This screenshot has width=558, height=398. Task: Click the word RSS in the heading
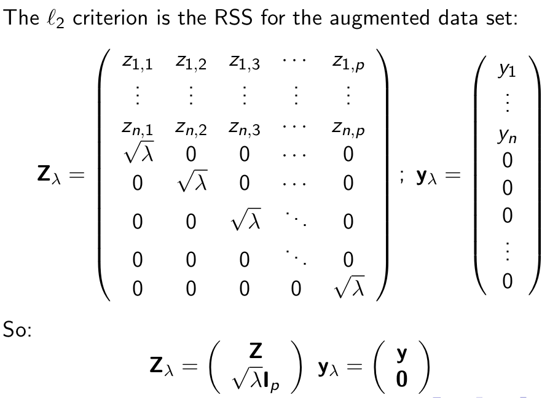click(x=233, y=17)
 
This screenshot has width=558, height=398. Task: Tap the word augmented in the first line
click(x=379, y=19)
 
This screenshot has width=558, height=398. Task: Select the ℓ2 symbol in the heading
click(x=55, y=19)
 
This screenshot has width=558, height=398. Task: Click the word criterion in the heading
click(x=110, y=17)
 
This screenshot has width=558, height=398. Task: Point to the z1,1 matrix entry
click(x=138, y=63)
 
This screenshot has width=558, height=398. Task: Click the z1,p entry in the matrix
click(x=348, y=63)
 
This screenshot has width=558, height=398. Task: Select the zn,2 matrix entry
click(x=191, y=129)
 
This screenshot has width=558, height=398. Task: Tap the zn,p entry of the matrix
click(x=348, y=130)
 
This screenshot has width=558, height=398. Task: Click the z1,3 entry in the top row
click(x=244, y=63)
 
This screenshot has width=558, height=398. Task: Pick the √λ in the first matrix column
click(x=138, y=155)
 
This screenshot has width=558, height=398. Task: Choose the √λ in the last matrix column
click(x=349, y=287)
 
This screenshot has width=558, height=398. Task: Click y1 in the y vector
click(x=507, y=71)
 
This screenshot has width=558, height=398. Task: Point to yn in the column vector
click(x=508, y=136)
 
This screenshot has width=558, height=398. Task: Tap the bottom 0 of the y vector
click(x=508, y=281)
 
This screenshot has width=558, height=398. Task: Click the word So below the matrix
click(x=17, y=329)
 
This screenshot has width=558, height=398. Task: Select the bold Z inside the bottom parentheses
click(x=256, y=351)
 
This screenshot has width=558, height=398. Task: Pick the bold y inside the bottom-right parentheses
click(x=401, y=353)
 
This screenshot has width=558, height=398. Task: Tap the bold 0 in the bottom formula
click(x=401, y=380)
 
